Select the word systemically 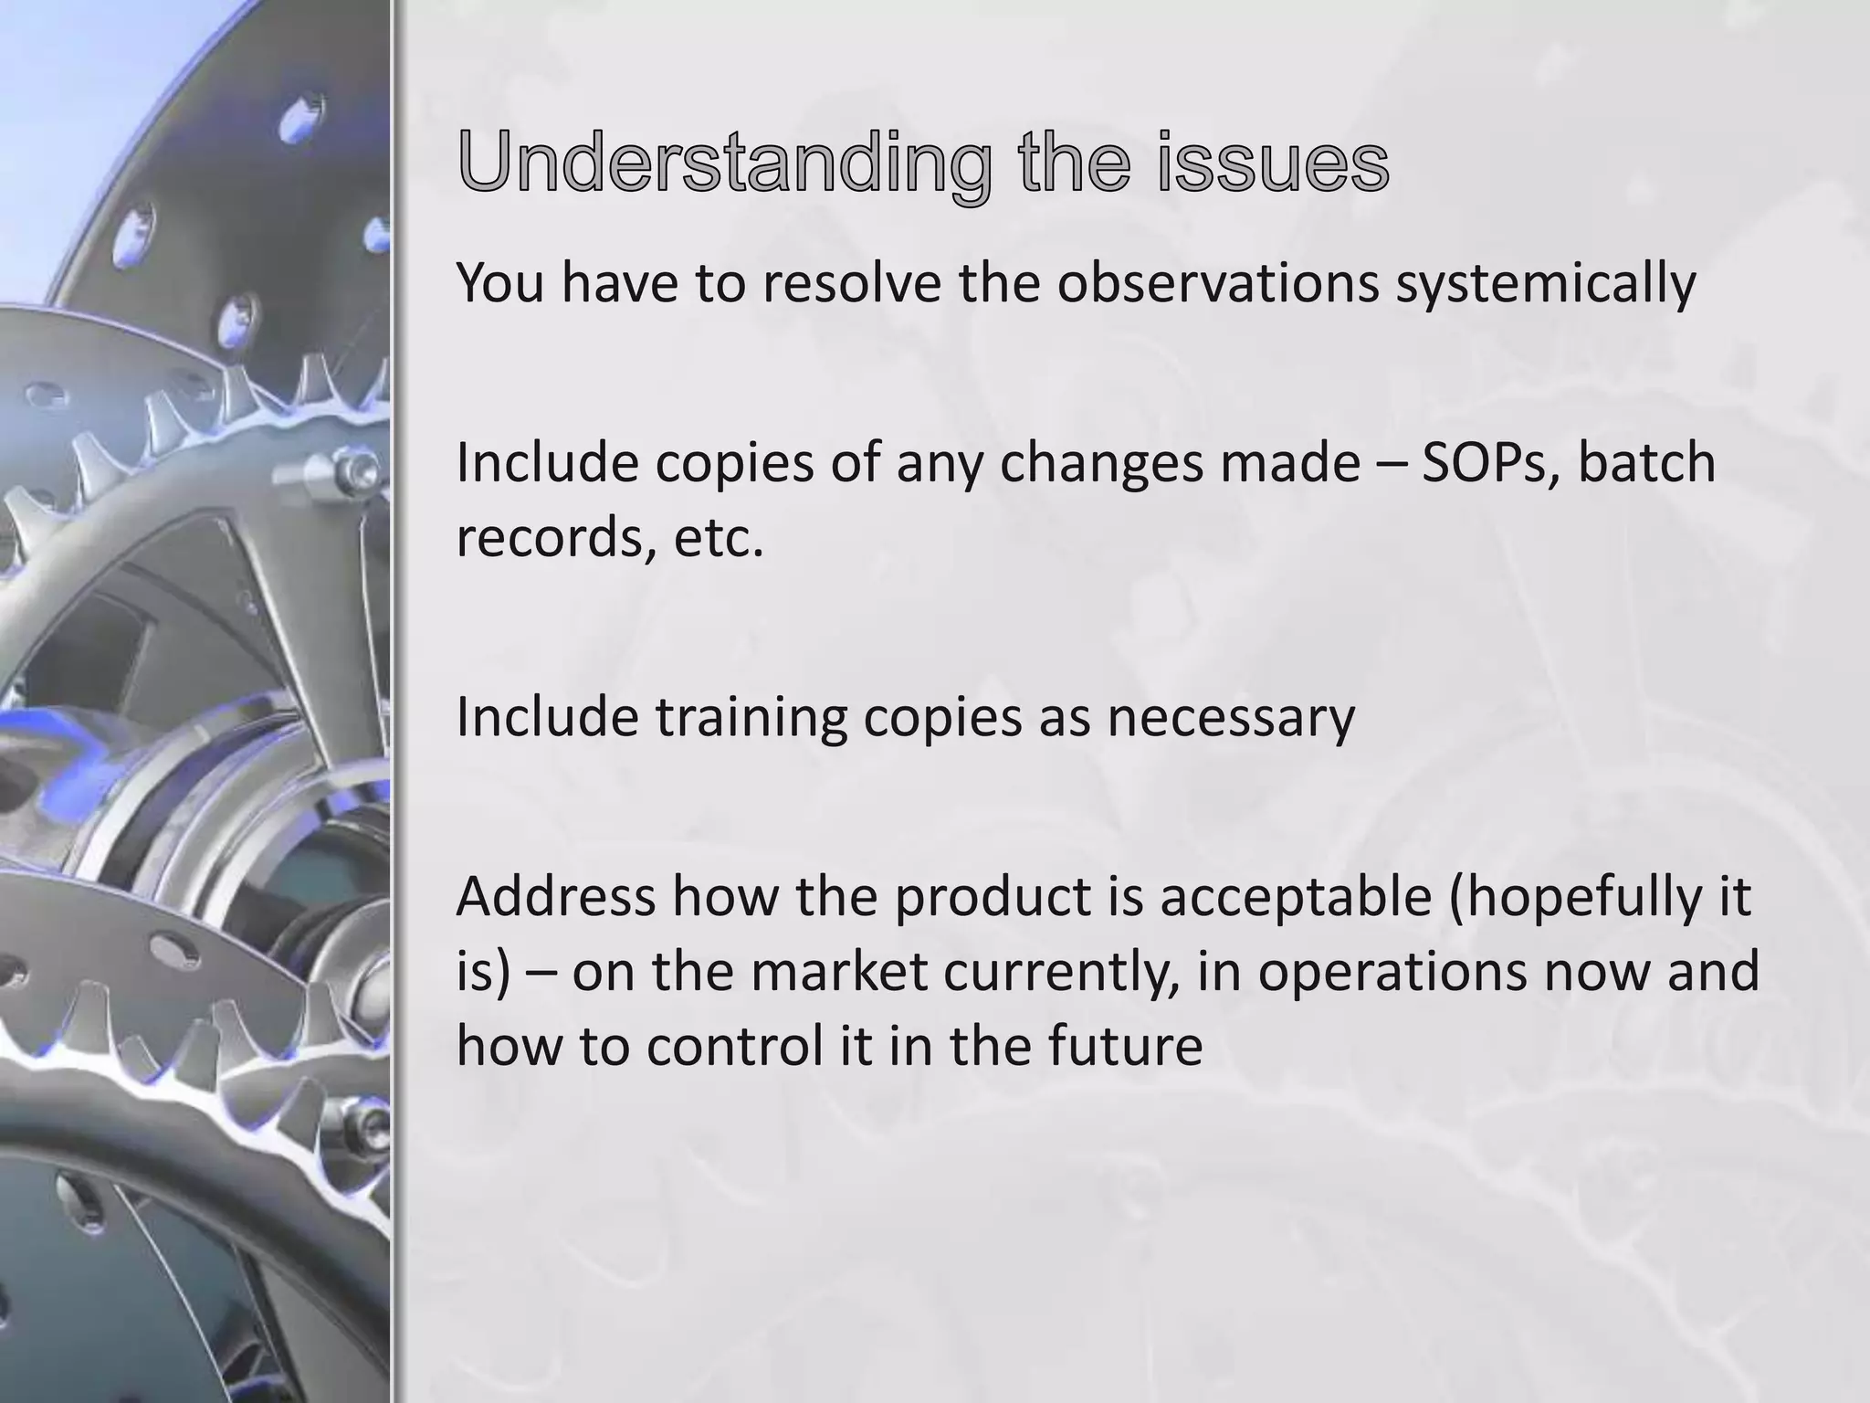pos(1546,283)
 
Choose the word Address pos(555,897)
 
